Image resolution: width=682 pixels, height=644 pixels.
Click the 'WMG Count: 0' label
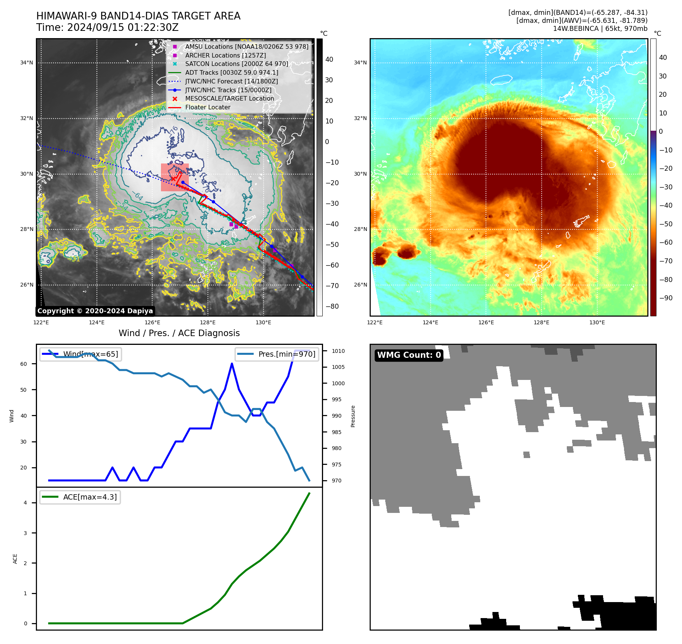(x=409, y=355)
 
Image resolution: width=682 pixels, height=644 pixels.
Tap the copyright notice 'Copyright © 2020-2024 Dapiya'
(x=95, y=311)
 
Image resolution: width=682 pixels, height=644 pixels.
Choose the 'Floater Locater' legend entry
(x=207, y=107)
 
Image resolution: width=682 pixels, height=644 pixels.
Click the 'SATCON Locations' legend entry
(x=236, y=64)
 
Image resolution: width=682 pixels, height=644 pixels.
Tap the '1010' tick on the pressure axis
(x=338, y=351)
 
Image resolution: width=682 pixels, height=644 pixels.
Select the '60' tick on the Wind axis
(x=24, y=364)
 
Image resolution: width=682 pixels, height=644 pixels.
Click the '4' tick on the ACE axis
(x=25, y=503)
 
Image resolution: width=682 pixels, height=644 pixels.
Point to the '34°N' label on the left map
(x=27, y=63)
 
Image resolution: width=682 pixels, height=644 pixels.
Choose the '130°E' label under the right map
(x=597, y=322)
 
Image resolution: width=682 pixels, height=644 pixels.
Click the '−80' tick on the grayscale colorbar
(x=332, y=306)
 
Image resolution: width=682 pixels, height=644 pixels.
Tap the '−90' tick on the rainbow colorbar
(x=666, y=298)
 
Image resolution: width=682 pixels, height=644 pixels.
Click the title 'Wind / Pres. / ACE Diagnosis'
(x=179, y=333)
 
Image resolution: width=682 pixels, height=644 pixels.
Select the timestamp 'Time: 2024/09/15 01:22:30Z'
(x=107, y=27)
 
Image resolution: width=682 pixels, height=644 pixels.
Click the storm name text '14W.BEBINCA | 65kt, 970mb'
(x=600, y=29)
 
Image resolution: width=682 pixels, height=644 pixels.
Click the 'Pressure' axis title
(x=353, y=416)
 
